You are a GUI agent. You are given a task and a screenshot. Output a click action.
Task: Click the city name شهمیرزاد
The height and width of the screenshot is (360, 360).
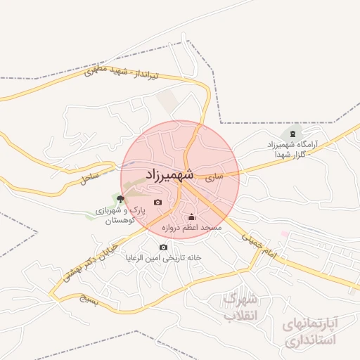pyautogui.click(x=169, y=174)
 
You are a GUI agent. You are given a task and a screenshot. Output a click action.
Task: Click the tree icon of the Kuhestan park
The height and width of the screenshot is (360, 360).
pyautogui.click(x=121, y=199)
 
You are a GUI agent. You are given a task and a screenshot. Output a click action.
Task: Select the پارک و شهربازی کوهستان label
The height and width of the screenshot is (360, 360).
pyautogui.click(x=120, y=215)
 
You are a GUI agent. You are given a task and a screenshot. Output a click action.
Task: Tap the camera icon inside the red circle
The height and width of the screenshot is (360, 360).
pyautogui.click(x=157, y=202)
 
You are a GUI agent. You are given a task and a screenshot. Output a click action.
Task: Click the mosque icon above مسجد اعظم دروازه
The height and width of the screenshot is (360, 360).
pyautogui.click(x=192, y=217)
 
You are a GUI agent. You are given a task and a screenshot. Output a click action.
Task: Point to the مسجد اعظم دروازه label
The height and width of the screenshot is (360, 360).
pyautogui.click(x=191, y=229)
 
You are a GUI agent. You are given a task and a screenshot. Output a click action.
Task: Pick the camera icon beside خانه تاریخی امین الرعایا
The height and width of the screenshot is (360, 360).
pyautogui.click(x=164, y=247)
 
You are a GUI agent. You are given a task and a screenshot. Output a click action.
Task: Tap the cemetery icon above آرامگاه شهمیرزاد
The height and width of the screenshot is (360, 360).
pyautogui.click(x=292, y=134)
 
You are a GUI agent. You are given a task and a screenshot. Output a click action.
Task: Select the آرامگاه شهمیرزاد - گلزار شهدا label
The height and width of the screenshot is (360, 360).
pyautogui.click(x=292, y=149)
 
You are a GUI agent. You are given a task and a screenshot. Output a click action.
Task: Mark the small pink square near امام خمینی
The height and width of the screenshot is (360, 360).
pyautogui.click(x=285, y=233)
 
